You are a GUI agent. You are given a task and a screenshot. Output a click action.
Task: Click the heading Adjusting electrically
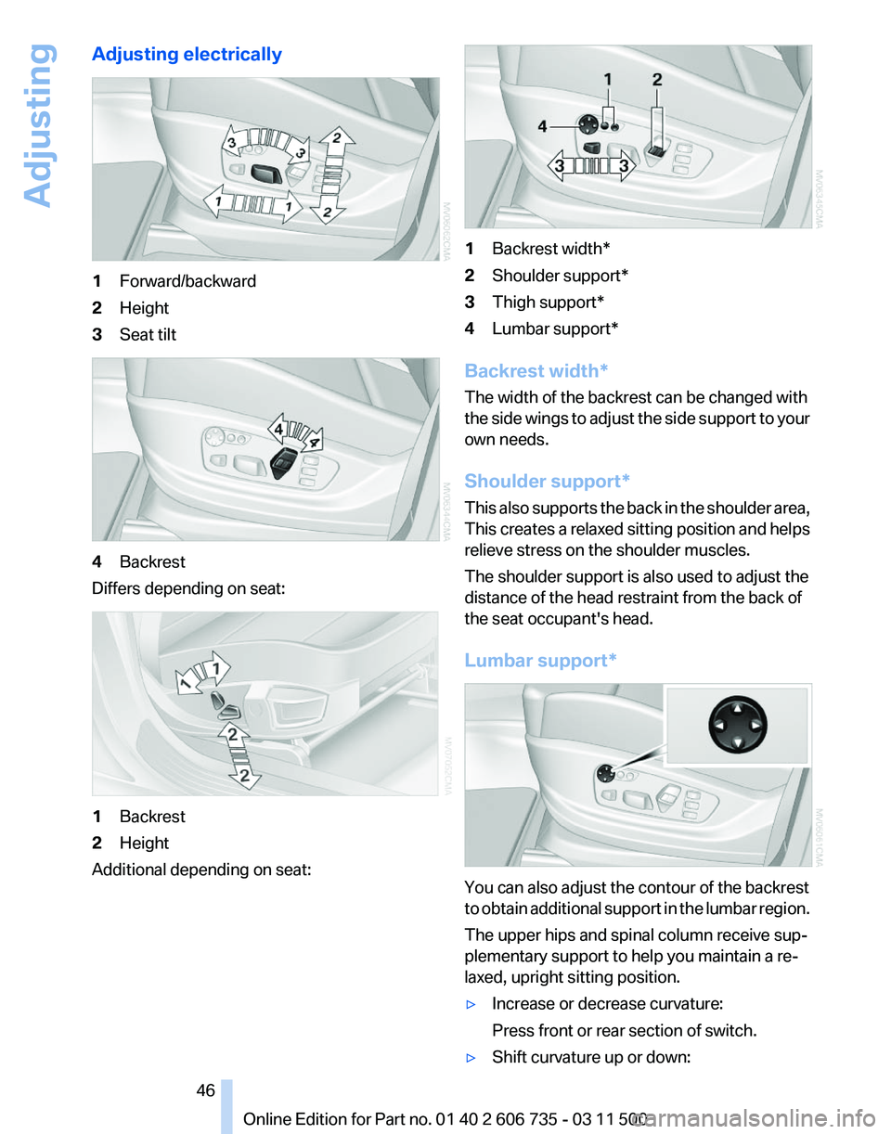tap(187, 55)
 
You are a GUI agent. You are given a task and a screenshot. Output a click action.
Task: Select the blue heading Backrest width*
tap(536, 371)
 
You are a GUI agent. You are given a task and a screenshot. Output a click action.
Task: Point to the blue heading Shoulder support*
tap(547, 481)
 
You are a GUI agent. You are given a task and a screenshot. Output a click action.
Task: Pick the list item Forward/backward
tap(187, 281)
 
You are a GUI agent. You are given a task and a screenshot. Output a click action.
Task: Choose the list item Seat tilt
tap(147, 334)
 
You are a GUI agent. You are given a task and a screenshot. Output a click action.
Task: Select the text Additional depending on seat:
tap(200, 870)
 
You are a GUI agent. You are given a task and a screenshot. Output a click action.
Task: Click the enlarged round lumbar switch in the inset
tap(736, 725)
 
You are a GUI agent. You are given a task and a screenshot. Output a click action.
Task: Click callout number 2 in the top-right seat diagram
tap(656, 81)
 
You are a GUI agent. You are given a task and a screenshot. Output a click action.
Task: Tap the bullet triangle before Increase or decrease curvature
tap(473, 1005)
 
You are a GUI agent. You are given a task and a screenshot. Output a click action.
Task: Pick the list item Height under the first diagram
tap(144, 307)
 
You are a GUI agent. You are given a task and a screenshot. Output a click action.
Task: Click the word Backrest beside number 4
tap(152, 561)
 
